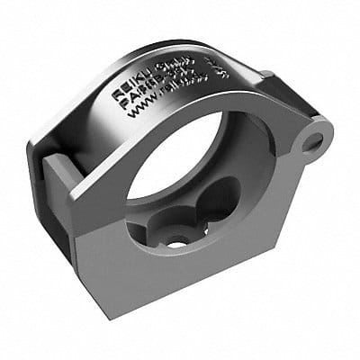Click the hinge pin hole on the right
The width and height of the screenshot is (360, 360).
(312, 141)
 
